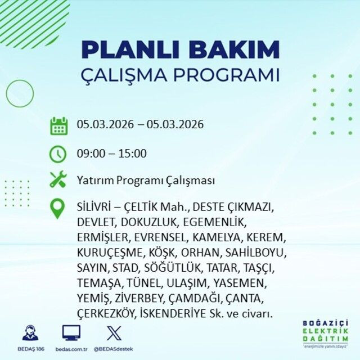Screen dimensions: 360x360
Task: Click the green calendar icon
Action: pos(58,125)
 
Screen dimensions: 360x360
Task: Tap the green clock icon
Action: pos(58,153)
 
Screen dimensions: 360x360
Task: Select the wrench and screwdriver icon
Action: pos(58,180)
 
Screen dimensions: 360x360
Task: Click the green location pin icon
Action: pos(58,208)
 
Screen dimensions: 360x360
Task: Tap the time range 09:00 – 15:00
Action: pos(111,154)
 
